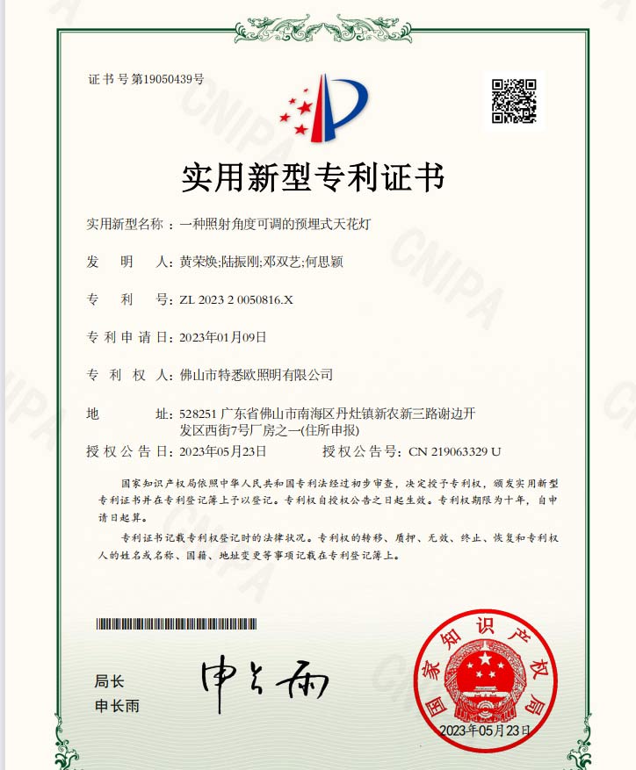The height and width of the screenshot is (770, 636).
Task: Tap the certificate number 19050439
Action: (168, 80)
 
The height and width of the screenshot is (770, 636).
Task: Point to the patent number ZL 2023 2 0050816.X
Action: (235, 300)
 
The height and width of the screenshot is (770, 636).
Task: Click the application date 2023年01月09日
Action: (222, 337)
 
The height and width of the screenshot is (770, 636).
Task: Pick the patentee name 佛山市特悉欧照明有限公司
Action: (256, 375)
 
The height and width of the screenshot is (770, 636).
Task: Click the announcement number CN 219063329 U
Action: (455, 451)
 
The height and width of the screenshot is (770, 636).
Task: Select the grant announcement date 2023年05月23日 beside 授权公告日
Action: (222, 451)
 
